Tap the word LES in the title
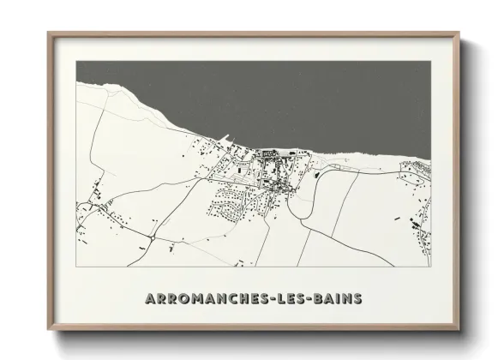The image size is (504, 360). pyautogui.click(x=287, y=298)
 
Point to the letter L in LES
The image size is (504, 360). pyautogui.click(x=276, y=298)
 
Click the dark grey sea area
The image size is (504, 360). pyautogui.click(x=257, y=94)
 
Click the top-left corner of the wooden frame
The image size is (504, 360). pyautogui.click(x=49, y=33)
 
